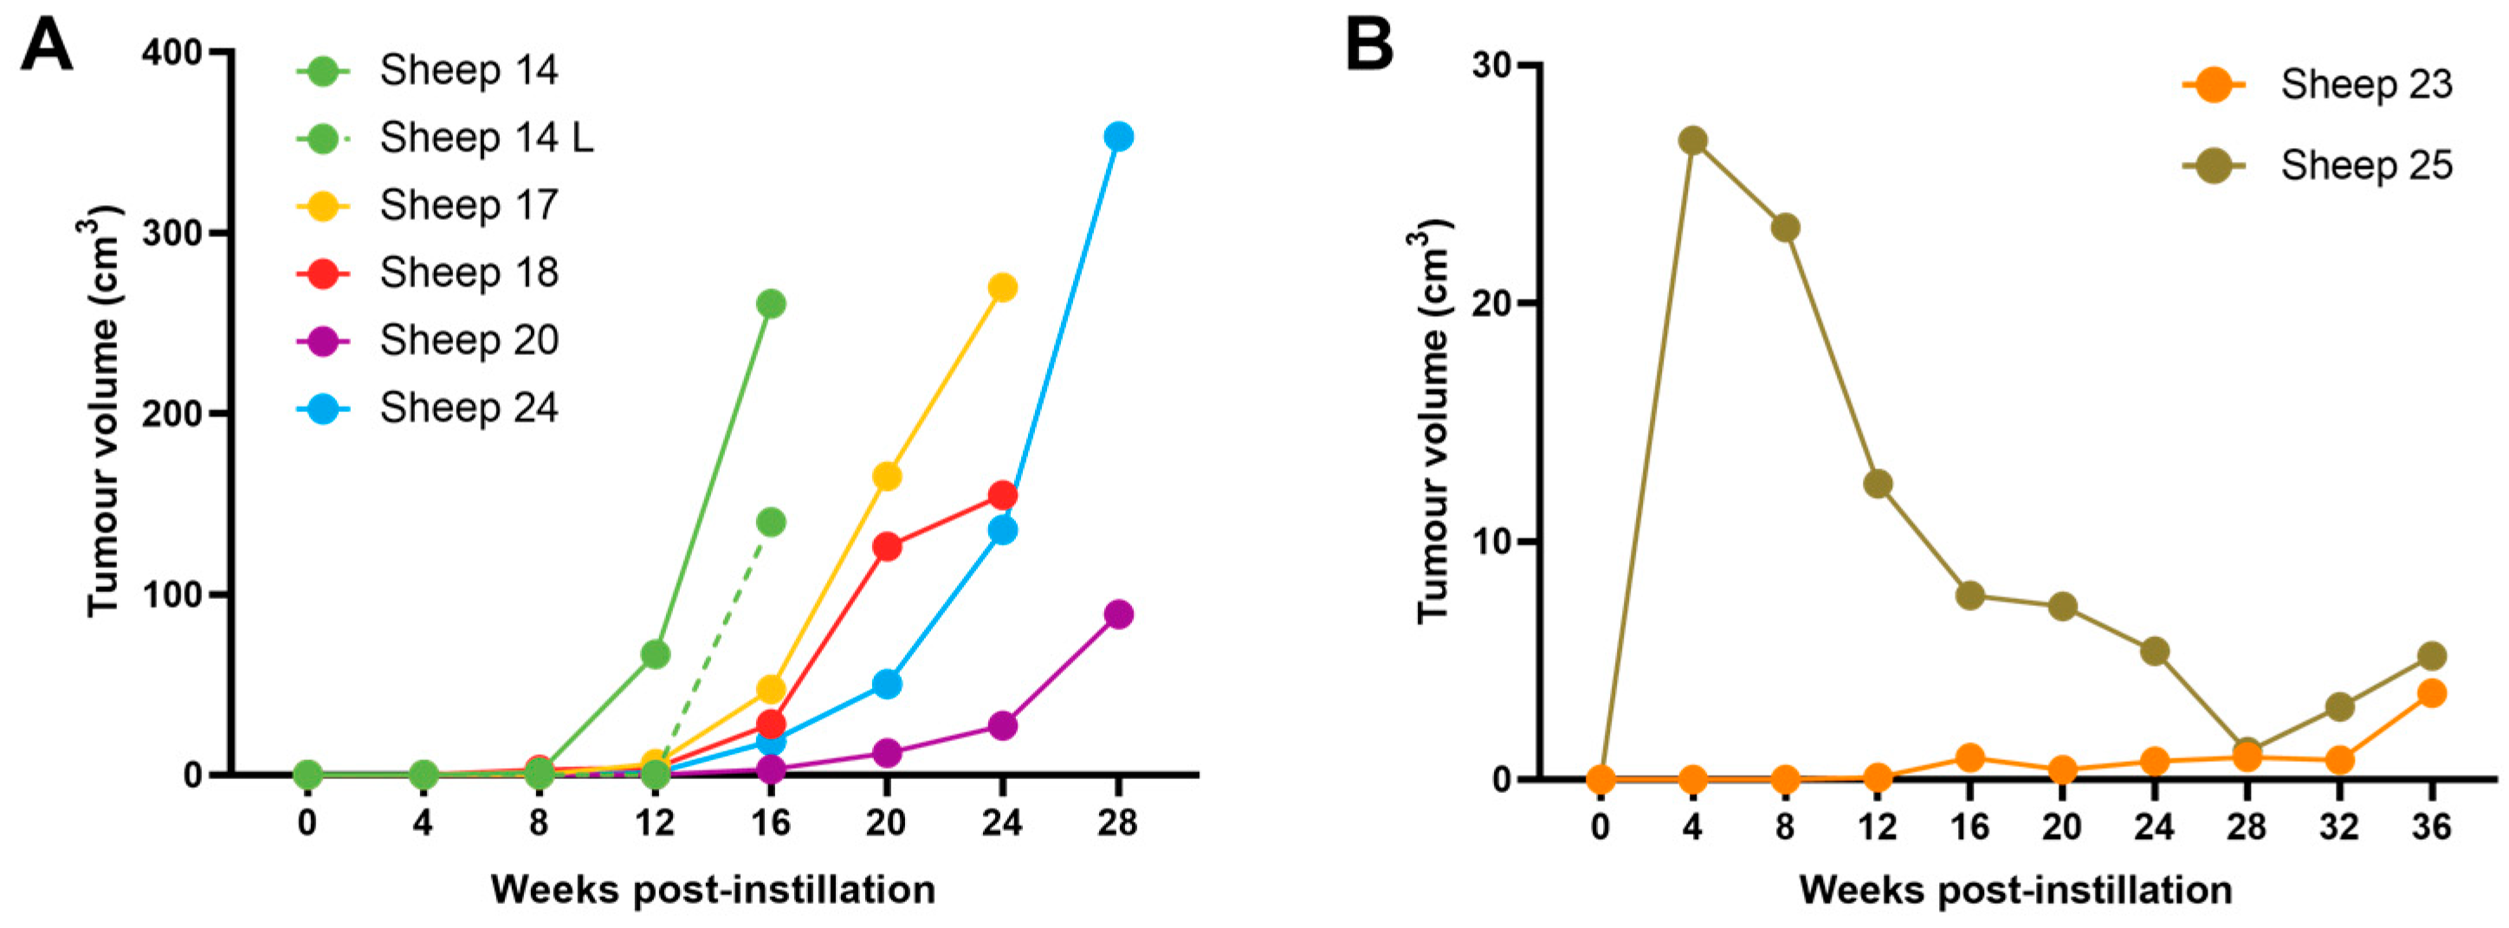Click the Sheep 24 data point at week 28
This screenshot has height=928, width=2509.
point(1118,136)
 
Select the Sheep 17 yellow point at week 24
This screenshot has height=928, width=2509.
point(1002,287)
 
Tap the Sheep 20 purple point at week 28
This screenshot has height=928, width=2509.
point(1118,615)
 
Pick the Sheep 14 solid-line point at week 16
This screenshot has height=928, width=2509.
point(771,304)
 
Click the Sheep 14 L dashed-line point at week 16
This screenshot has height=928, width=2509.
point(771,522)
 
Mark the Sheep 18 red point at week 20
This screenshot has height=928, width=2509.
point(886,546)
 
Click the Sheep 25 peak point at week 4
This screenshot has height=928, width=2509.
point(1693,140)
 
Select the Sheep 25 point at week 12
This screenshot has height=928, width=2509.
point(1878,484)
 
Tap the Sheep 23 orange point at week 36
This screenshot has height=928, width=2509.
point(2432,693)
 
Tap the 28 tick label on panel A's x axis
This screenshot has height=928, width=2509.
point(1117,824)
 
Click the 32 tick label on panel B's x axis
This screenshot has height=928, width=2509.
point(2338,828)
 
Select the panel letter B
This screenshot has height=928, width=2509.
point(1368,45)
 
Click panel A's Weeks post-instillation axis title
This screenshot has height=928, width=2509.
point(712,889)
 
